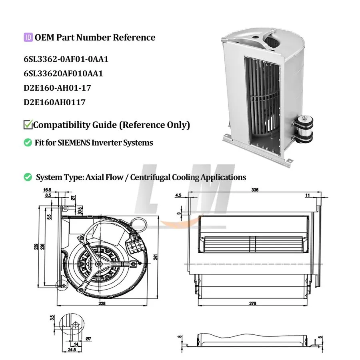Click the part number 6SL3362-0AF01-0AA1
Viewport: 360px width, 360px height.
click(66, 59)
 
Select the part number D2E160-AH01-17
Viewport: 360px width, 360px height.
click(57, 88)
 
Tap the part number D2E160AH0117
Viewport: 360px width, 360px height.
click(55, 102)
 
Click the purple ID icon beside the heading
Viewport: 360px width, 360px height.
click(28, 37)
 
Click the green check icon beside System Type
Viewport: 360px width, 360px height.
click(28, 177)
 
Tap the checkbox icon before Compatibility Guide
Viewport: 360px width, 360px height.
click(28, 124)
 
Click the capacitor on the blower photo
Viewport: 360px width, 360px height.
click(304, 129)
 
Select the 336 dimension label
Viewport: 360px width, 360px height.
click(255, 190)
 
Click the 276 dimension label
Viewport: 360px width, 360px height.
click(252, 304)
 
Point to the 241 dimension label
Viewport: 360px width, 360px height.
click(156, 257)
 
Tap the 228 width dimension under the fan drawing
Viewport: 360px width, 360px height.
click(102, 304)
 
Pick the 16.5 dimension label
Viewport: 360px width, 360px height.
click(47, 190)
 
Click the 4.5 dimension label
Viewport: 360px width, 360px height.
click(178, 195)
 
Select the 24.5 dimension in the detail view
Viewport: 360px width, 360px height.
click(72, 350)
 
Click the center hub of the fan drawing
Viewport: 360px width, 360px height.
click(99, 264)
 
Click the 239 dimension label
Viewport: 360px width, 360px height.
click(36, 246)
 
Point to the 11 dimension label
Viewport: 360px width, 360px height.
click(308, 195)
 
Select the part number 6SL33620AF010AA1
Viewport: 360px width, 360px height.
click(63, 74)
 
